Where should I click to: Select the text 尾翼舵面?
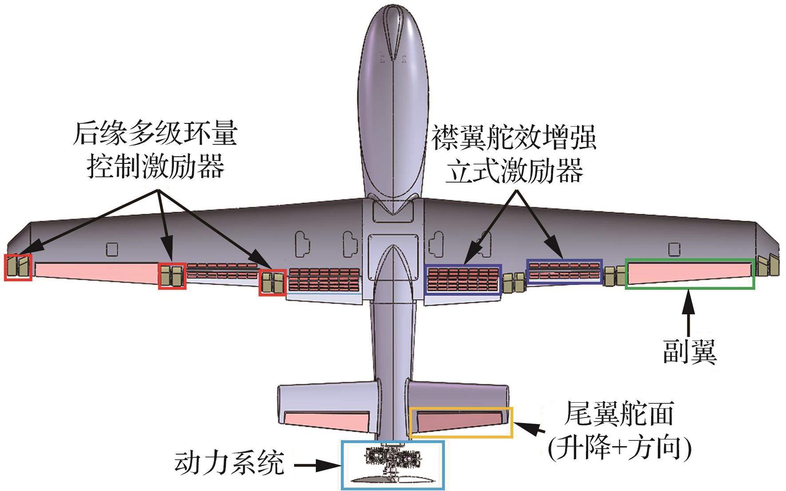pos(619,414)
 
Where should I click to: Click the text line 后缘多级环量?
pos(155,133)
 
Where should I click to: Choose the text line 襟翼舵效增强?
pos(514,138)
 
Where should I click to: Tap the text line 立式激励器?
pos(514,171)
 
